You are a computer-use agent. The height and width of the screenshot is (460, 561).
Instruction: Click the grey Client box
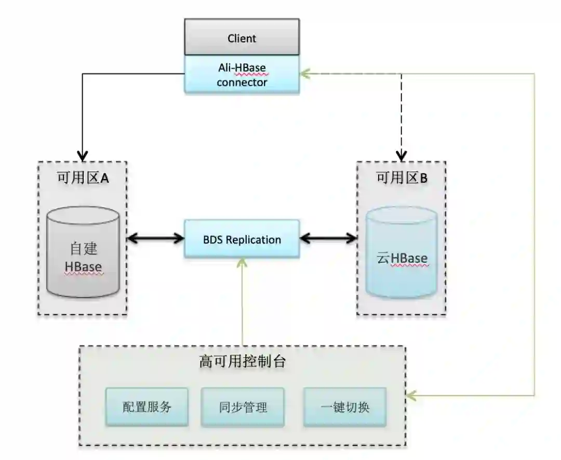242,37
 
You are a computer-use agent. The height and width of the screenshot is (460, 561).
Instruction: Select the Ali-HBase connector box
242,75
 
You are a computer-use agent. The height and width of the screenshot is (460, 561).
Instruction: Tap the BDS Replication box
242,239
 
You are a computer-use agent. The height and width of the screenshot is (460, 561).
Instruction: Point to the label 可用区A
83,178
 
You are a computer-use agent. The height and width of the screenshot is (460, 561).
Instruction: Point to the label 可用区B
402,178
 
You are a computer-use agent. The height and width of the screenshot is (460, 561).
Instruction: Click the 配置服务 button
146,407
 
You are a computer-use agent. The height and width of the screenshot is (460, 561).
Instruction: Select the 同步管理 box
243,407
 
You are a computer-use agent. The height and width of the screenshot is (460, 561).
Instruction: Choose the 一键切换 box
344,407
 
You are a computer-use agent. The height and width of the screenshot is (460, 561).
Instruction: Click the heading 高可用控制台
242,361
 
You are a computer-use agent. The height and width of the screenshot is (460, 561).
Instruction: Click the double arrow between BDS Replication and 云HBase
329,239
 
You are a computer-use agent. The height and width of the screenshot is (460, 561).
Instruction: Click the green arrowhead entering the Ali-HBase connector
306,73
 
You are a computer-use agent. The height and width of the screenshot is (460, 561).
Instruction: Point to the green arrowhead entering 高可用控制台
412,396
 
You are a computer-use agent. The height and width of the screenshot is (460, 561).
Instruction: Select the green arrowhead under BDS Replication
242,262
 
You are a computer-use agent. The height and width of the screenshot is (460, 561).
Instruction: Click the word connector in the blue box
242,82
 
